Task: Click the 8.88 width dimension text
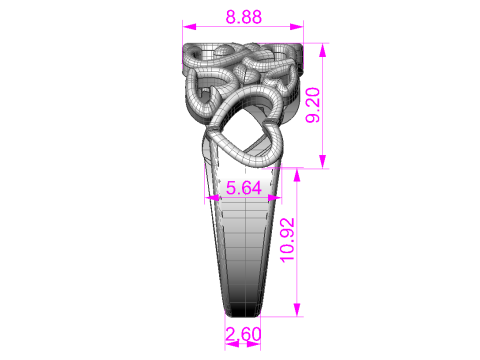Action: tap(244, 17)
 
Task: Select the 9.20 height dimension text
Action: tap(313, 105)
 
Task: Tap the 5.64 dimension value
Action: tap(244, 188)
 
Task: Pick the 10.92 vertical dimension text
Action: tap(287, 240)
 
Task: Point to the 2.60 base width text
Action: tap(243, 334)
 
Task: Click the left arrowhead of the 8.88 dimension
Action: tap(189, 27)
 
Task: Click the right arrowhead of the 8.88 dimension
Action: tap(296, 27)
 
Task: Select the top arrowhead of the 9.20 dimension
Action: tap(322, 50)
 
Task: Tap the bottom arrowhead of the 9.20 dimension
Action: tap(322, 162)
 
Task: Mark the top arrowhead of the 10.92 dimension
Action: tap(297, 175)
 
